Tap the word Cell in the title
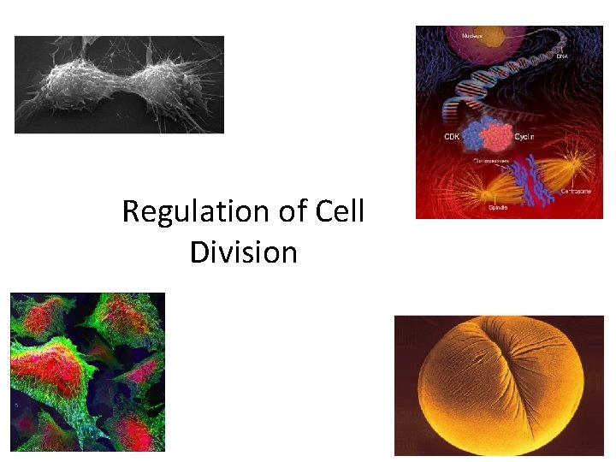(x=336, y=211)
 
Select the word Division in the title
(x=244, y=252)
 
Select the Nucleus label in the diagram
(x=471, y=36)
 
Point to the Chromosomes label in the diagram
(x=491, y=159)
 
